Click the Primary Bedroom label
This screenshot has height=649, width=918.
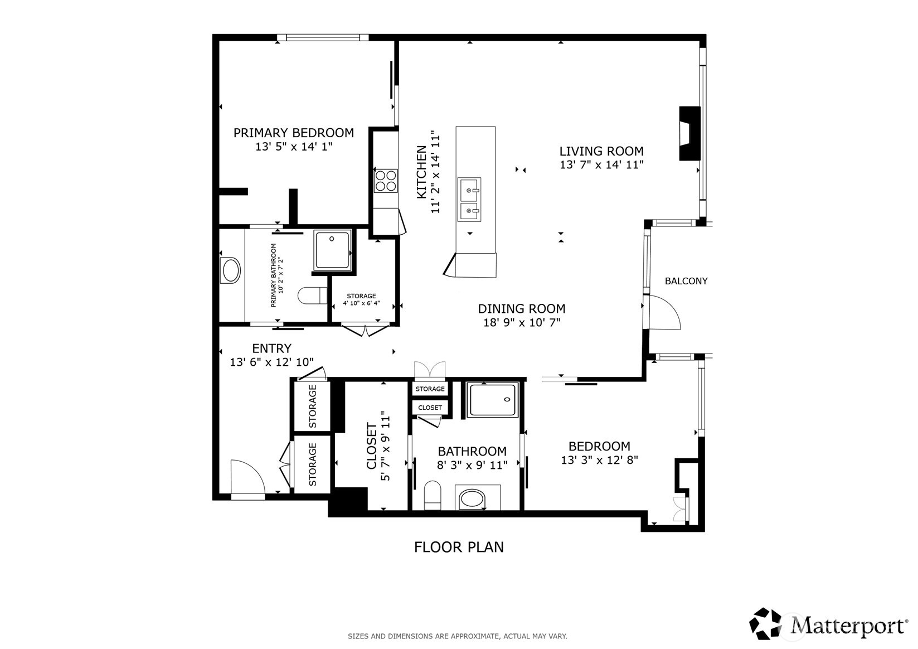293,133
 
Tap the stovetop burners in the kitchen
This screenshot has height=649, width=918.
385,181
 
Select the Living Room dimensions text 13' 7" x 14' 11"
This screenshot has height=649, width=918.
601,165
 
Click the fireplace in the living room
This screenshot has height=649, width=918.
689,133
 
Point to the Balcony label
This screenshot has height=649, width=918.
686,281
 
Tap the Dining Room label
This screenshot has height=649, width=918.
521,308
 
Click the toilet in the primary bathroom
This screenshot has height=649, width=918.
312,296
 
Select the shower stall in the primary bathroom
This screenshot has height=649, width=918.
332,250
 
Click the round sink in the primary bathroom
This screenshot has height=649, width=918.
231,271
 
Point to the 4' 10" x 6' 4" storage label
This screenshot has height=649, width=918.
361,300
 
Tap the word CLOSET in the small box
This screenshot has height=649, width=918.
430,408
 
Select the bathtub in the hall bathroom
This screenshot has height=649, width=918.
493,400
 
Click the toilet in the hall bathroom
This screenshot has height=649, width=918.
433,495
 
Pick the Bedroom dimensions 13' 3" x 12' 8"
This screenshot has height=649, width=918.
599,461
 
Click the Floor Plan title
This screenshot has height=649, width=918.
458,547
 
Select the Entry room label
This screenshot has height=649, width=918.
271,348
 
